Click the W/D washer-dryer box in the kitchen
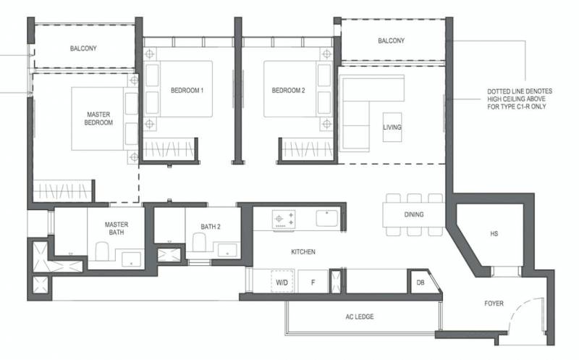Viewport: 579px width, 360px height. point(282,281)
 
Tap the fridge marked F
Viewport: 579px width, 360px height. point(313,282)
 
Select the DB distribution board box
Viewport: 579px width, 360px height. point(420,282)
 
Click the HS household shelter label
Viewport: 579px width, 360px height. point(494,233)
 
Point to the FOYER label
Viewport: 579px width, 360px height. point(494,304)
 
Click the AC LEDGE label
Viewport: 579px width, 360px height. point(360,317)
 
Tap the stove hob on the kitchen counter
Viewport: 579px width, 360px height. point(284,219)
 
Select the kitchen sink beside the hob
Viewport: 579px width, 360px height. point(327,218)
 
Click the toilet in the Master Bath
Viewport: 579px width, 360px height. point(101,251)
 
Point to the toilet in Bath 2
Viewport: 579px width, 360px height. point(199,242)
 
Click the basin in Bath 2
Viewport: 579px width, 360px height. point(227,250)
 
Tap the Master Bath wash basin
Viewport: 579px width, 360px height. point(132,259)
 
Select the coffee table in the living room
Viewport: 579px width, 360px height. point(392,127)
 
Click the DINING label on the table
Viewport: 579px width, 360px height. point(414,214)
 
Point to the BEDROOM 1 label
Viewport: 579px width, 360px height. point(187,91)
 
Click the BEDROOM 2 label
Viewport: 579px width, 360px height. point(288,91)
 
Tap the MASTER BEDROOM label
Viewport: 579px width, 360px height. point(98,118)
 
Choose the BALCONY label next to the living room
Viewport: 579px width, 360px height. point(391,41)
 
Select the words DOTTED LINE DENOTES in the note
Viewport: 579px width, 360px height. point(520,91)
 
